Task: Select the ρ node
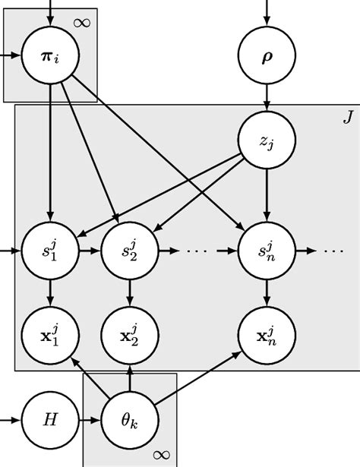(266, 57)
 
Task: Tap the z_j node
(266, 140)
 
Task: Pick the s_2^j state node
(130, 250)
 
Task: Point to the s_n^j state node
(266, 250)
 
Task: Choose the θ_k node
(130, 418)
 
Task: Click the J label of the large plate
(347, 118)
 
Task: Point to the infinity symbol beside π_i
(82, 21)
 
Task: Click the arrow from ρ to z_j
(266, 98)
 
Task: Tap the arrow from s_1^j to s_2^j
(90, 250)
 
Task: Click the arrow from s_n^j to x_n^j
(266, 292)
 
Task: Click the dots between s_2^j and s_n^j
(197, 250)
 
